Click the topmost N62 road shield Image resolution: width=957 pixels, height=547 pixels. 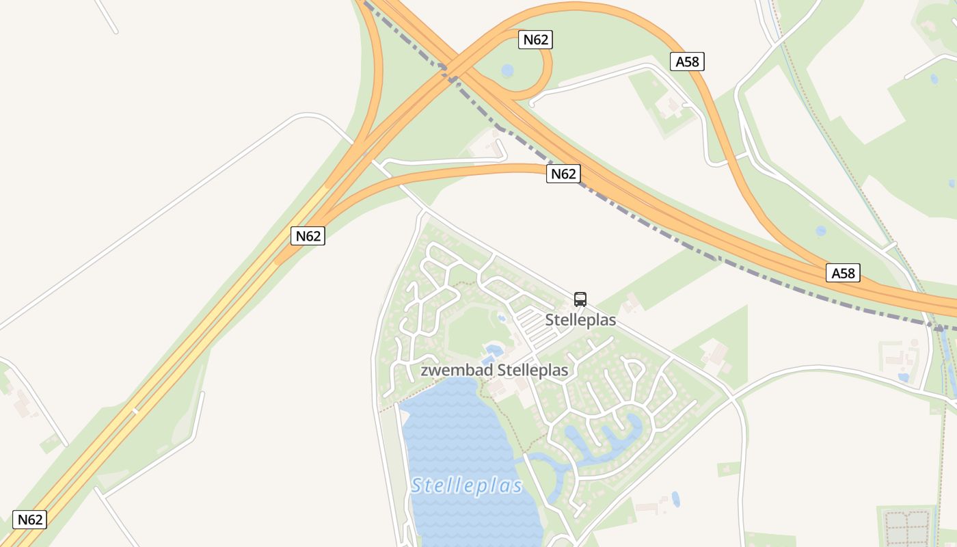coord(535,40)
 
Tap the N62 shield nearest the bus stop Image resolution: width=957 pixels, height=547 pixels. coord(563,174)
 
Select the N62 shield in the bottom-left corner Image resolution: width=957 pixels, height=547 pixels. coord(30,519)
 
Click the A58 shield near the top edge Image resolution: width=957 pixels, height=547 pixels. coord(688,62)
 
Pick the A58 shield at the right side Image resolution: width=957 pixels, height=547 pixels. coord(843,273)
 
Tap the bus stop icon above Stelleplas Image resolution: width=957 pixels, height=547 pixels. coord(580,299)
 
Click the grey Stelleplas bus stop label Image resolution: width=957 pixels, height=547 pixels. coord(580,319)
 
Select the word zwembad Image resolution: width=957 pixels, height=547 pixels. coord(457,370)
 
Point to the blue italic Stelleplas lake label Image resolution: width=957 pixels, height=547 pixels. coord(467,486)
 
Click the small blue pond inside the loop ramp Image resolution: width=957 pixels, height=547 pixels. coord(507,70)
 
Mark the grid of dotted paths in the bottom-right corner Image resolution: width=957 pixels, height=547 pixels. coord(906,527)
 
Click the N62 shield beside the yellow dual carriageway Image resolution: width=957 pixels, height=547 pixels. coord(308,236)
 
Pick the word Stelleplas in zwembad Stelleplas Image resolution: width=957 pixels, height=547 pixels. coord(533,370)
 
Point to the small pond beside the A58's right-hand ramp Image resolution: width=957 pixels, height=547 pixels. coord(820,231)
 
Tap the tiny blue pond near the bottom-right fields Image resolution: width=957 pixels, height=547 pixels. coord(675,499)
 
